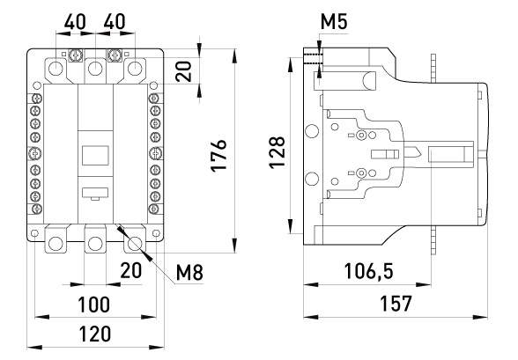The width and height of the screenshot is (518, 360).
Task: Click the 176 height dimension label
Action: (x=218, y=155)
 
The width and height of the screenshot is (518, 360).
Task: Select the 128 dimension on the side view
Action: (x=277, y=151)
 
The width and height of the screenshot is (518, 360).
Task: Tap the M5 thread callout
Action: (x=334, y=22)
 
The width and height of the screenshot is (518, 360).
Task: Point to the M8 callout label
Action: (x=189, y=273)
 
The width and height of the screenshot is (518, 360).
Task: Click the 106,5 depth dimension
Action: (x=368, y=271)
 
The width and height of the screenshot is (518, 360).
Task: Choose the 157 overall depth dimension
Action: (x=396, y=304)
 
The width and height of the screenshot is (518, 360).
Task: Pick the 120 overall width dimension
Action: (x=94, y=334)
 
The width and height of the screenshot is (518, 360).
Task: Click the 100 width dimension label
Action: (x=93, y=305)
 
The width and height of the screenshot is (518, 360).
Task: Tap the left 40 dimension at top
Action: (x=75, y=22)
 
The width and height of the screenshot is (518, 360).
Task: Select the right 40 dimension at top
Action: (x=115, y=22)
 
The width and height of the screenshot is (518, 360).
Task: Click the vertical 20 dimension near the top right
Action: (x=183, y=71)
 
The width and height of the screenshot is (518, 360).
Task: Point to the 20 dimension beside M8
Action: (x=130, y=270)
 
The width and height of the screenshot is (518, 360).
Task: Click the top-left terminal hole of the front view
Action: (x=55, y=69)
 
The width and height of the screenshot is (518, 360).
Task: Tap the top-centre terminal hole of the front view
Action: (x=95, y=69)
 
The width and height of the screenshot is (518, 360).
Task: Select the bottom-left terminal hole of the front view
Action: (x=55, y=244)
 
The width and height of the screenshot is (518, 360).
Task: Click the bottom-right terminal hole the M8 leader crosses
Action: (x=135, y=244)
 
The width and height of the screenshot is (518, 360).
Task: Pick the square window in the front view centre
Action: (x=95, y=155)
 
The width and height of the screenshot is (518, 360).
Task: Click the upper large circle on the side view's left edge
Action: (x=311, y=131)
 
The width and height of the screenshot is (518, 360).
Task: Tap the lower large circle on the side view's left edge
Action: (x=311, y=179)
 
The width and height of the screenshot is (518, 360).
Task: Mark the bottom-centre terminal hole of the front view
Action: (x=95, y=244)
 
